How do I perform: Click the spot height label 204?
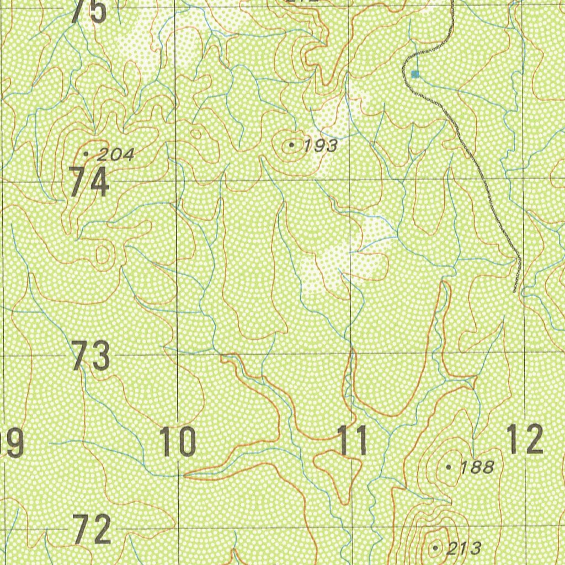(115, 155)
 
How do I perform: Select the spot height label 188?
(477, 467)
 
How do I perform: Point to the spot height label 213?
(463, 548)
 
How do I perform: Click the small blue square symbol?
(415, 73)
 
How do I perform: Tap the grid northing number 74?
(89, 183)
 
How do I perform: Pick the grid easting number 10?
(178, 442)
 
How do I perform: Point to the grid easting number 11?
(353, 441)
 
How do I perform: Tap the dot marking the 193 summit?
(291, 145)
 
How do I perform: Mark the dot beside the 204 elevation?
(86, 154)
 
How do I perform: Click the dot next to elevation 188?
(448, 467)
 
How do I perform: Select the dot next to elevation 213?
(435, 548)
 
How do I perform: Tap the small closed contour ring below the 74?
(103, 254)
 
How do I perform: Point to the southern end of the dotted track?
(515, 291)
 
